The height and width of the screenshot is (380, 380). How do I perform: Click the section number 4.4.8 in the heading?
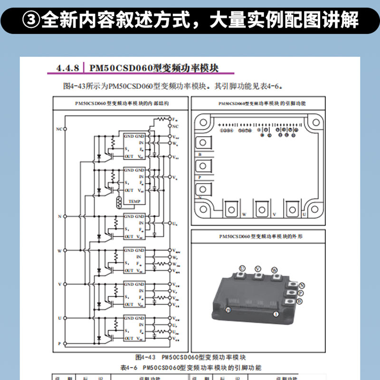click(67, 68)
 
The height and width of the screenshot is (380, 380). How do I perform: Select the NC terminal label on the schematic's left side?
click(59, 129)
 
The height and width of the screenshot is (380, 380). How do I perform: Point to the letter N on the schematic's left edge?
click(59, 216)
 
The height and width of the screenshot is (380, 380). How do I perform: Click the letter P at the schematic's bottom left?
click(59, 342)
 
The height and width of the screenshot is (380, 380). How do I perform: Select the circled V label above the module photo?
click(258, 269)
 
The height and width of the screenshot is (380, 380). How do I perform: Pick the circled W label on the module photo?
click(274, 270)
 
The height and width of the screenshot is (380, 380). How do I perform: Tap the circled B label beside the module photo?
click(300, 301)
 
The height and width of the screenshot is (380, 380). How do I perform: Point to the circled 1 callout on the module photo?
click(275, 314)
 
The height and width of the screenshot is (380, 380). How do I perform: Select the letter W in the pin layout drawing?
click(244, 215)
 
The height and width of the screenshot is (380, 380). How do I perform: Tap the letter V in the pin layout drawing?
click(275, 215)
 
